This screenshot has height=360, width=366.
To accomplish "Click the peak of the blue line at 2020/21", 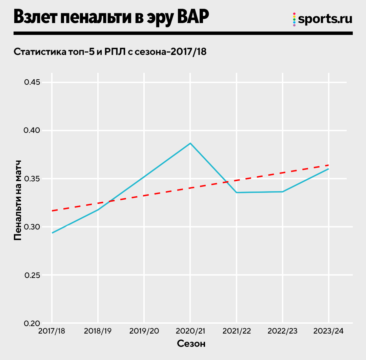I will pos(190,143).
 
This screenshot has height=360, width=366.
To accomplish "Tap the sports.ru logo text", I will pos(325,19).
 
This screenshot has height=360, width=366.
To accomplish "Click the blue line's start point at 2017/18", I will pos(52,233).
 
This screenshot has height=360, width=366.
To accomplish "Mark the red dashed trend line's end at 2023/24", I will pos(328,165).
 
